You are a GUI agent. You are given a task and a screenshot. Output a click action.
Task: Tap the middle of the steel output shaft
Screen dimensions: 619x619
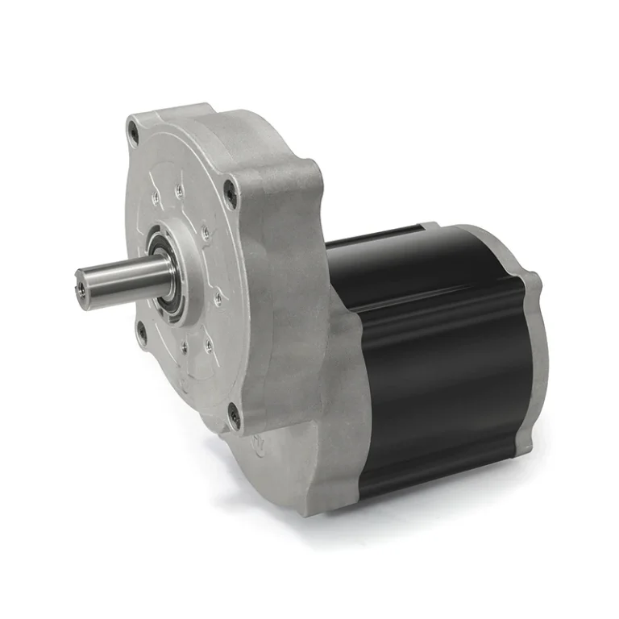click(x=129, y=277)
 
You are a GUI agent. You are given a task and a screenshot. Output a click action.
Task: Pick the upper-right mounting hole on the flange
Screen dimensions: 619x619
click(x=231, y=192)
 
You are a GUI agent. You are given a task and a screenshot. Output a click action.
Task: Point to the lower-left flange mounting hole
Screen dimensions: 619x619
click(x=142, y=330)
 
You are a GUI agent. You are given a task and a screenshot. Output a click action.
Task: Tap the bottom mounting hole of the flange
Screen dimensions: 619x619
click(x=234, y=415)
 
